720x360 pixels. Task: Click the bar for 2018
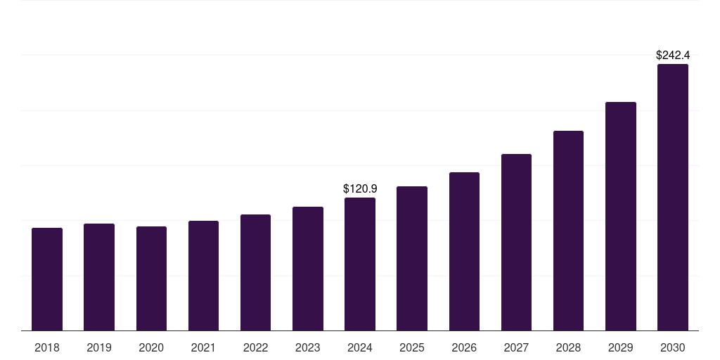coord(47,279)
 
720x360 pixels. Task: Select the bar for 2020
coord(151,278)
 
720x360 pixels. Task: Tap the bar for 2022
coord(255,272)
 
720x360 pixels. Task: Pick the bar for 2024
coord(360,264)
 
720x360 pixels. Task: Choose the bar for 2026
coord(464,251)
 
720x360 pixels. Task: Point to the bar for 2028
coord(568,231)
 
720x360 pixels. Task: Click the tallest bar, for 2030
coord(673,197)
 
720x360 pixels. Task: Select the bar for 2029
coord(621,216)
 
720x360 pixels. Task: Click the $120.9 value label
coord(360,188)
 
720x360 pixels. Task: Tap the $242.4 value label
coord(673,55)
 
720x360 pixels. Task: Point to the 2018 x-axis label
coord(47,348)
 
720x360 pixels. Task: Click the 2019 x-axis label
coord(99,348)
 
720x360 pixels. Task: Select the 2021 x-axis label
coord(203,348)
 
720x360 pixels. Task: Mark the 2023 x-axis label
coord(308,348)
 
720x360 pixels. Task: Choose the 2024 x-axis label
coord(360,348)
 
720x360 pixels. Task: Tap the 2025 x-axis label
coord(412,348)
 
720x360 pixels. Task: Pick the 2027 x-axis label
coord(516,348)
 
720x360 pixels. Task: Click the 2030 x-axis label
coord(673,348)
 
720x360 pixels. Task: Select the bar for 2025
coord(412,258)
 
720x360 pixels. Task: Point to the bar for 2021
coord(203,276)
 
